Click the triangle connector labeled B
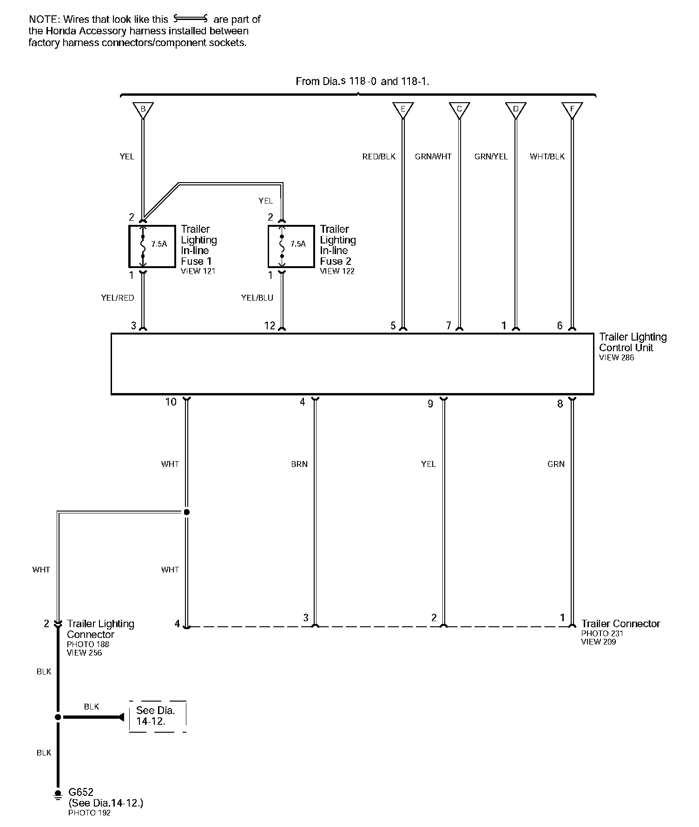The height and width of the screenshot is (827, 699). point(143,110)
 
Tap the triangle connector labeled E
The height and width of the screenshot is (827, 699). point(403,110)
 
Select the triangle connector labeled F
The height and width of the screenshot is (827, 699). point(572,110)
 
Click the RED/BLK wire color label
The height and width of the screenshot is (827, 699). point(379,157)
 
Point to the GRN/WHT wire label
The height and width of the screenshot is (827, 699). point(433,157)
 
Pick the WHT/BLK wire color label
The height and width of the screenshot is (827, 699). point(547,157)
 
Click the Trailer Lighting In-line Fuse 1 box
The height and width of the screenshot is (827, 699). point(152,246)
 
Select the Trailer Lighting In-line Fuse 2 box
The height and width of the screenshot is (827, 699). point(291,246)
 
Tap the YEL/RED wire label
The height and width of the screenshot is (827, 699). point(118,298)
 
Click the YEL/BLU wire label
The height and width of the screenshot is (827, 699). point(257,298)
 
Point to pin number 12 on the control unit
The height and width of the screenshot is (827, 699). point(270,326)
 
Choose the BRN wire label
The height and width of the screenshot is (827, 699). point(299,464)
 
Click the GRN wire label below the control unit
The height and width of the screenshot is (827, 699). point(556,464)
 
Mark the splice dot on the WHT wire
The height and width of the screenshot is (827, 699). point(186,512)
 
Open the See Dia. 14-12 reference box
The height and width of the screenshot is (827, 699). point(158,716)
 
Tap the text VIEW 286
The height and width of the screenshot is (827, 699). point(616,358)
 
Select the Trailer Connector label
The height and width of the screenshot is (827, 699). point(620,624)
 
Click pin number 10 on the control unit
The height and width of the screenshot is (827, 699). point(171,402)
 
